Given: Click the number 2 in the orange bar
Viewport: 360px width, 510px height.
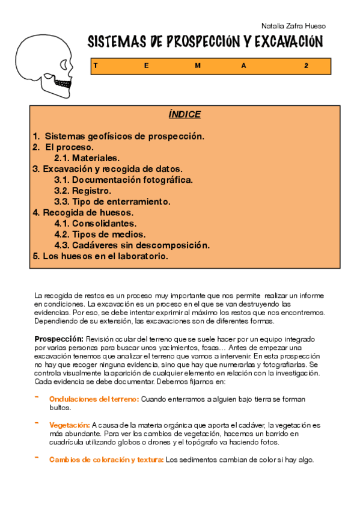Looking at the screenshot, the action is [x=306, y=66].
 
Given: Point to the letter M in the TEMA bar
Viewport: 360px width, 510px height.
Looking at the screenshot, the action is [x=198, y=66].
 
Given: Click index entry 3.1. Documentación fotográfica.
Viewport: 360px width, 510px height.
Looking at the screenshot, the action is [x=123, y=180].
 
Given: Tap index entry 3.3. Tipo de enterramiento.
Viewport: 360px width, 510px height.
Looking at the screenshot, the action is [x=112, y=201].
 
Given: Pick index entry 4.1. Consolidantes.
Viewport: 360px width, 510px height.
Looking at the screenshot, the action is [x=95, y=223].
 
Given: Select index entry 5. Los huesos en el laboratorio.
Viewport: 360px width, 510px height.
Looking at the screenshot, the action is [x=100, y=256].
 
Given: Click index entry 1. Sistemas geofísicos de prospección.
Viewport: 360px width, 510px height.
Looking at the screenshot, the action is [x=118, y=136].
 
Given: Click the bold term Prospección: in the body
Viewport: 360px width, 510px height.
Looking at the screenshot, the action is [x=58, y=340].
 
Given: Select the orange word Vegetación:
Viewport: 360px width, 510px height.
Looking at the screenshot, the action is [x=69, y=425].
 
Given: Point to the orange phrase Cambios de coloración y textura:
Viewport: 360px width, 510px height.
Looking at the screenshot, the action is [x=106, y=460].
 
